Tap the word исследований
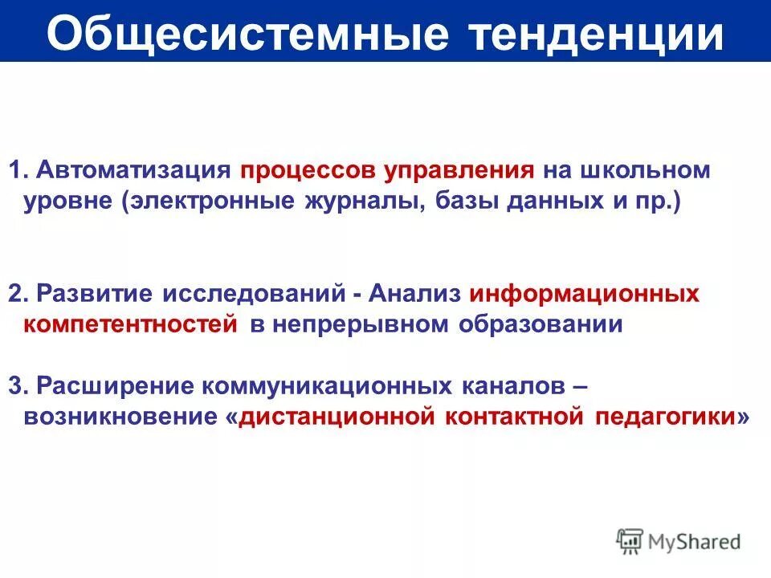coord(254,293)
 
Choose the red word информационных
coord(585,293)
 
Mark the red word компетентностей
coord(131,324)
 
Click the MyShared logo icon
coord(630,541)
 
